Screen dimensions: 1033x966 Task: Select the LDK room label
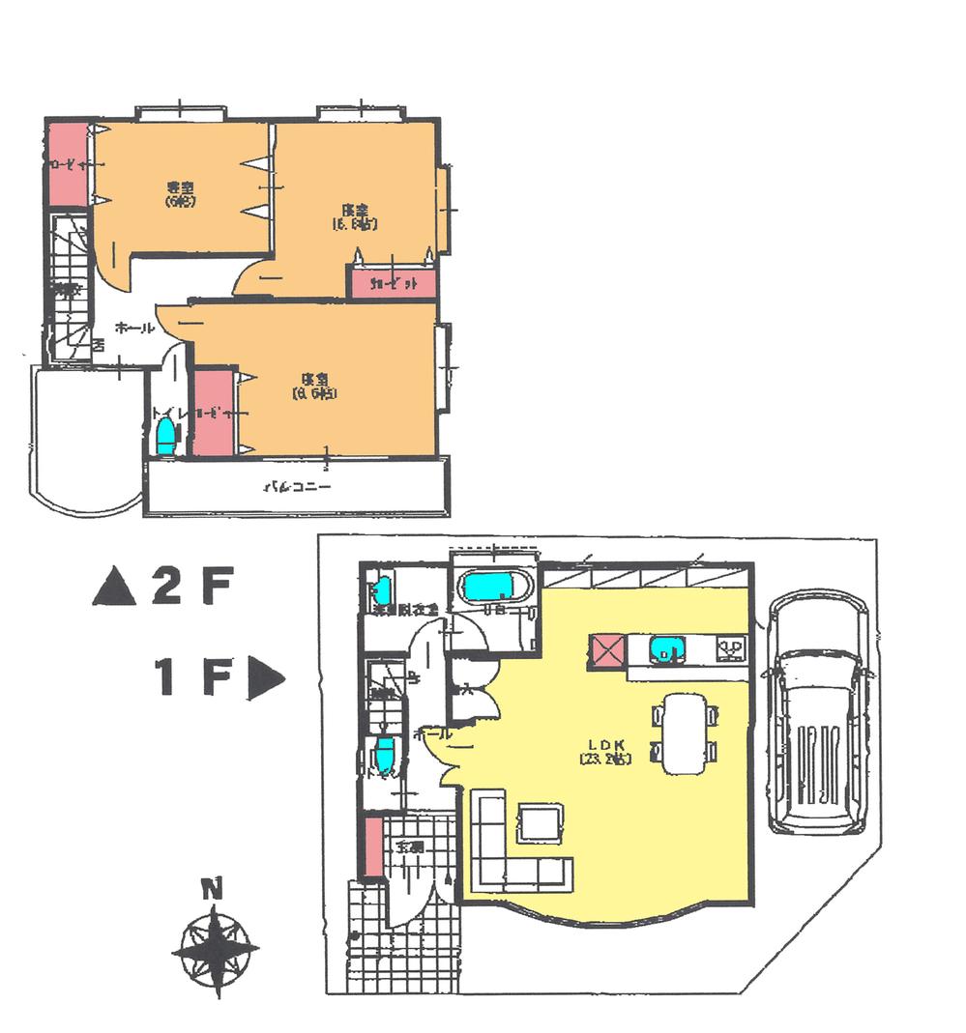606,750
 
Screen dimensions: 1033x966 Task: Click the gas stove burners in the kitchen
730,646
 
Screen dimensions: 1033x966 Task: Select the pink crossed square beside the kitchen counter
606,650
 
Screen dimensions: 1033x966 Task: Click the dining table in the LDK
685,732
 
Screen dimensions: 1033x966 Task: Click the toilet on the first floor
385,752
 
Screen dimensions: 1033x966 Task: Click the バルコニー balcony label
298,488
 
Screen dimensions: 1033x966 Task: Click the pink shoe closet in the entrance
373,846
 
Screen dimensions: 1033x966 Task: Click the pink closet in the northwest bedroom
68,164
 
